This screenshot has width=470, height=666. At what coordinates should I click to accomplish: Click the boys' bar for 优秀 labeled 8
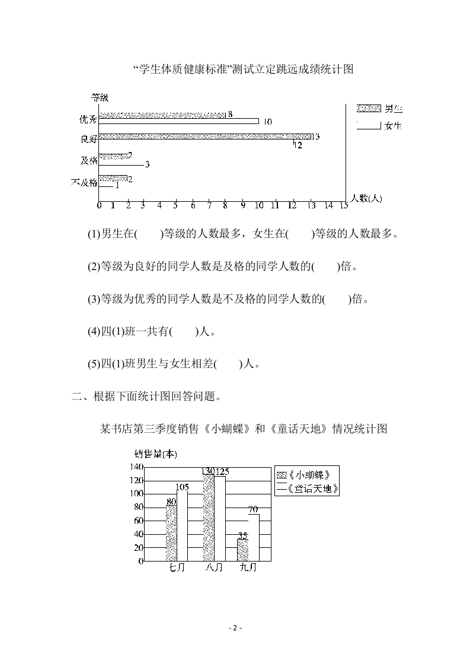162,115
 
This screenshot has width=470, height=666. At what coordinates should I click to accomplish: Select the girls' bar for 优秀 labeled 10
178,121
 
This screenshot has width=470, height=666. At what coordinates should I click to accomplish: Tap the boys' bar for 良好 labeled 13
204,137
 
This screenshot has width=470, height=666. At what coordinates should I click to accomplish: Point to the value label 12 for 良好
298,145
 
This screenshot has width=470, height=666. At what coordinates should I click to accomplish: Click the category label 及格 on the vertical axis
89,160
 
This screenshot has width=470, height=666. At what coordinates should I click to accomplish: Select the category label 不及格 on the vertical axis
84,182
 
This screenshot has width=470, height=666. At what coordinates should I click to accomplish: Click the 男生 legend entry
379,109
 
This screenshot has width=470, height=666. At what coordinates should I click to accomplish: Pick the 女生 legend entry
379,126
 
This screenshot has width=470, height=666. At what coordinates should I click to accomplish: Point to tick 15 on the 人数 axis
343,205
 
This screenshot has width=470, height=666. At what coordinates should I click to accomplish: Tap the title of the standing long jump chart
244,69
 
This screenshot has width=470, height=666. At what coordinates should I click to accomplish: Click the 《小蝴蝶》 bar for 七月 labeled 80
171,533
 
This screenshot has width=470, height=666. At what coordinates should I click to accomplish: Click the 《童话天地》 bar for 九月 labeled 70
253,537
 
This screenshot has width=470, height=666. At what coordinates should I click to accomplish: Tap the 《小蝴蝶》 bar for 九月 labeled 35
242,549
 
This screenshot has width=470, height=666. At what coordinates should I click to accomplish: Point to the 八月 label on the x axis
214,567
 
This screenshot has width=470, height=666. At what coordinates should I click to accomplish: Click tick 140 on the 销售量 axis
136,467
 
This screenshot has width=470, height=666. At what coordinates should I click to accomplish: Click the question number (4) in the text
94,332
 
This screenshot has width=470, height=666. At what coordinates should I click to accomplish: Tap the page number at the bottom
235,628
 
